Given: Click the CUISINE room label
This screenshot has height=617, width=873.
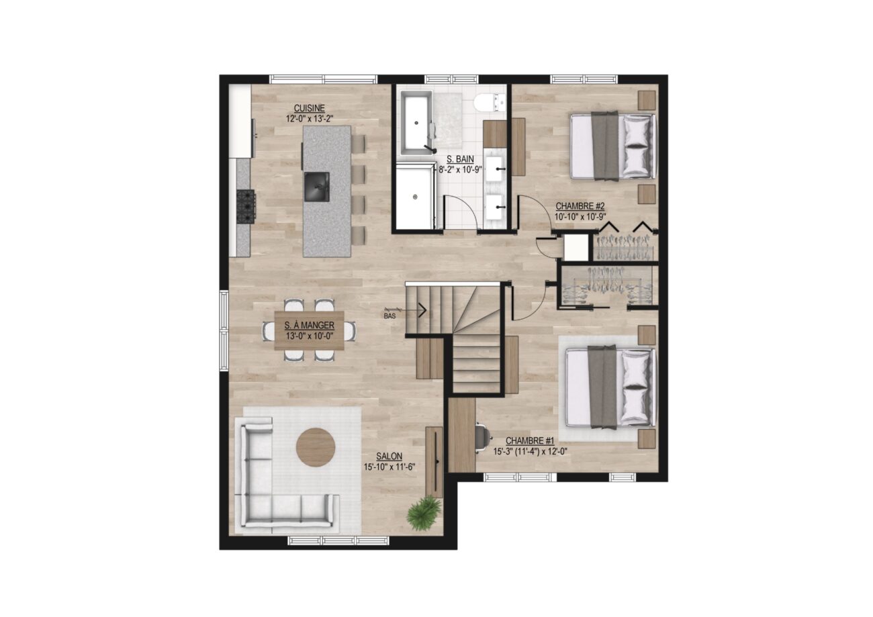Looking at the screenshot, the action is [309, 108].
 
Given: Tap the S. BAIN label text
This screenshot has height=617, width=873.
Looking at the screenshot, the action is [460, 159].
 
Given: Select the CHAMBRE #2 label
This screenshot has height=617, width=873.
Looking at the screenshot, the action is [580, 205].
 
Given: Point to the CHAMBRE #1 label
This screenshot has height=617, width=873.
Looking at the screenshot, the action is [530, 440].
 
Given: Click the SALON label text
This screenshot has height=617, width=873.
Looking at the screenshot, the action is [389, 456].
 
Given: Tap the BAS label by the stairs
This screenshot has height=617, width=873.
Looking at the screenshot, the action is [389, 316].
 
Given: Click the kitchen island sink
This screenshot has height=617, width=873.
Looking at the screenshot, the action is [316, 187].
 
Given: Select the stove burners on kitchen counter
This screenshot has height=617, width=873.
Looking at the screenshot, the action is [246, 206].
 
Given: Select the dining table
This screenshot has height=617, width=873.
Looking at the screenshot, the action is [309, 331].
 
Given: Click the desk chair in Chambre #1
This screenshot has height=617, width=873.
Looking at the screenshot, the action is [482, 438].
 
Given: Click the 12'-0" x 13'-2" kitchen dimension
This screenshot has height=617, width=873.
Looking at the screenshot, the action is [310, 119].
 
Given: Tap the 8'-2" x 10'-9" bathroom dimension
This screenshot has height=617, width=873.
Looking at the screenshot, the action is [460, 169].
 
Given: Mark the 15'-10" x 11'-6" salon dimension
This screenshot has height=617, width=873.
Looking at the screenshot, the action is [389, 467].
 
